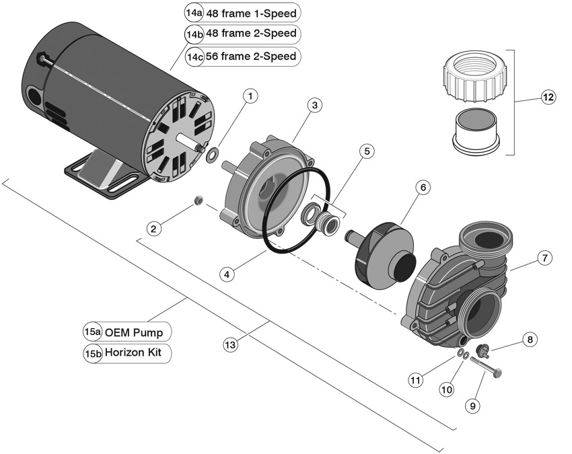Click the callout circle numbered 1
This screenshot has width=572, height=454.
click(250, 96)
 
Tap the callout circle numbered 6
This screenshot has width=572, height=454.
click(423, 188)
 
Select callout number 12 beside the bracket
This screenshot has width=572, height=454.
click(548, 98)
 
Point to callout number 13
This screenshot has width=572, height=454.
click(230, 345)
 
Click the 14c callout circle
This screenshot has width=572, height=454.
click(194, 57)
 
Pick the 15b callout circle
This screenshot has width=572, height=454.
click(93, 354)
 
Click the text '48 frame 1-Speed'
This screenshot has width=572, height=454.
click(252, 14)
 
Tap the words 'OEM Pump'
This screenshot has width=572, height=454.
click(133, 332)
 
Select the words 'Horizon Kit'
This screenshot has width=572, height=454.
click(133, 352)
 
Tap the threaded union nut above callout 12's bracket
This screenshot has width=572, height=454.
click(474, 76)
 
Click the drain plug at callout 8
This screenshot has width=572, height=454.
click(482, 349)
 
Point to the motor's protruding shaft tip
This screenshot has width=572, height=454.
click(200, 148)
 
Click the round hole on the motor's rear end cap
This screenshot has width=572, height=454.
click(35, 96)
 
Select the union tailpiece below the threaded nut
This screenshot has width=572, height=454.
click(476, 131)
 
